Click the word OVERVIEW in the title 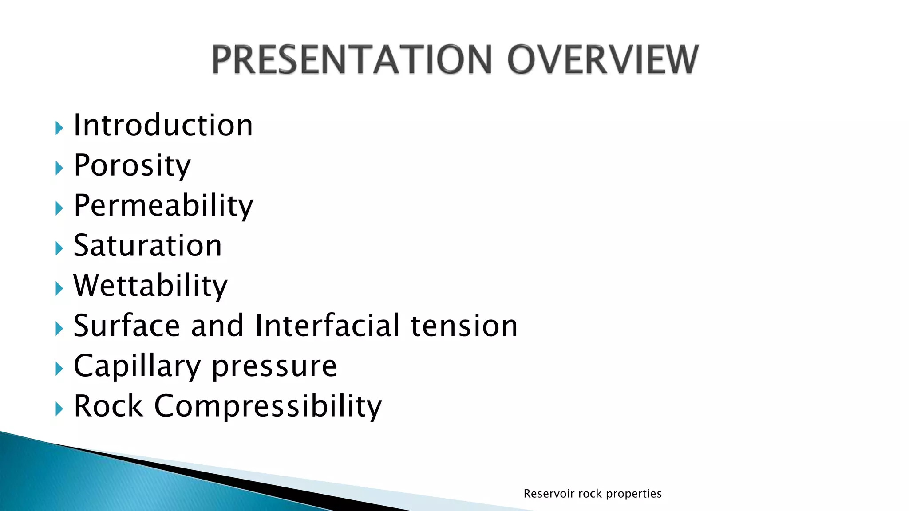click(x=603, y=60)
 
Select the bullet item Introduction click(x=163, y=126)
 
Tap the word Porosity click(x=132, y=166)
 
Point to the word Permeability click(x=163, y=206)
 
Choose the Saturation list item click(x=147, y=246)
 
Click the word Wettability click(x=150, y=286)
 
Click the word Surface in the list click(x=126, y=326)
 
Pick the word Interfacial click(x=327, y=326)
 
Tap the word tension click(x=464, y=326)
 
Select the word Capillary click(x=137, y=367)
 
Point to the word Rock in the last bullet click(x=108, y=406)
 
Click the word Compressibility click(x=268, y=407)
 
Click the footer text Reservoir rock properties click(x=592, y=494)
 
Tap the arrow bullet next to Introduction click(x=59, y=128)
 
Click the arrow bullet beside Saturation click(x=59, y=248)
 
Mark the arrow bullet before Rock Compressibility click(x=59, y=409)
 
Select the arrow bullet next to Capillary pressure click(x=59, y=369)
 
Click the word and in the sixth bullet click(x=217, y=326)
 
